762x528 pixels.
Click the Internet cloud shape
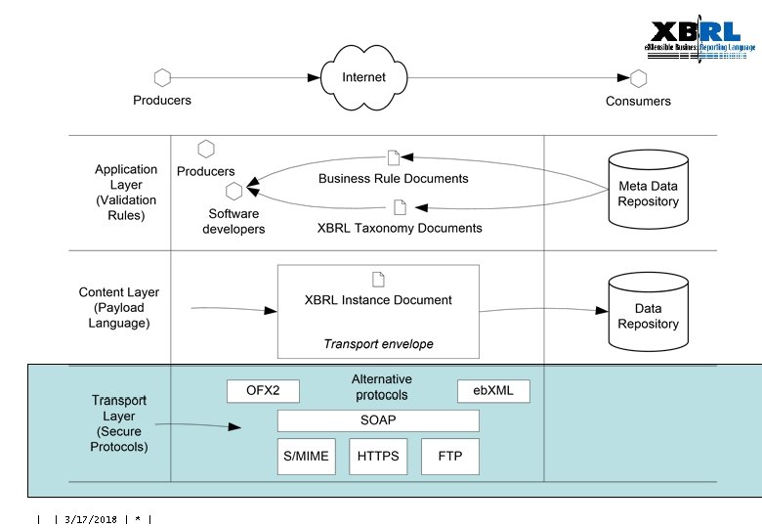click(363, 76)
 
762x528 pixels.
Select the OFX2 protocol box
click(263, 391)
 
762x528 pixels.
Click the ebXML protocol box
click(493, 391)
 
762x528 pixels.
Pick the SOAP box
click(378, 420)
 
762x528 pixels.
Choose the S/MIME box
click(306, 457)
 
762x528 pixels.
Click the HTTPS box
click(378, 457)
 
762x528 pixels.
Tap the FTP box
click(449, 457)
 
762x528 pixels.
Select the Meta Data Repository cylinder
click(648, 186)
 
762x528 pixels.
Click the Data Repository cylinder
click(648, 312)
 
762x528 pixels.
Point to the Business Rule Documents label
click(394, 178)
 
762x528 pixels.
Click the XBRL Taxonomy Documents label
click(400, 228)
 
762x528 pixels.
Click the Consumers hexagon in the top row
click(638, 78)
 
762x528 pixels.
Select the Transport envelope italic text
click(378, 344)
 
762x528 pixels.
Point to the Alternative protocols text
click(381, 387)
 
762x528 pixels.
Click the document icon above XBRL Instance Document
click(378, 281)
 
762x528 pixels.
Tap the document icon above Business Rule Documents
click(394, 157)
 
